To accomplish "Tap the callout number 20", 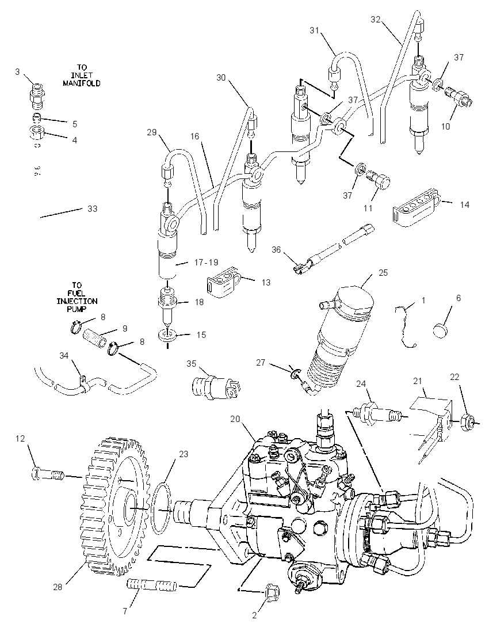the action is [x=235, y=419].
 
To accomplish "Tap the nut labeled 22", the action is [x=468, y=422].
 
